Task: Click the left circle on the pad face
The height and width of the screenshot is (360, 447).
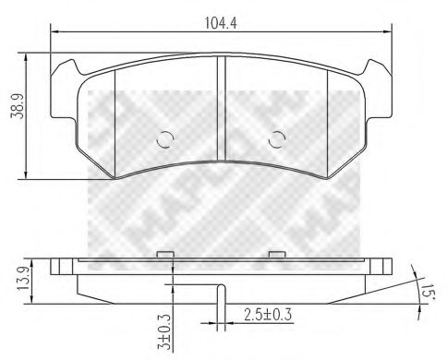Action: (x=164, y=139)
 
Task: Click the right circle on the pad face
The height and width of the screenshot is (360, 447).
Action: (x=275, y=139)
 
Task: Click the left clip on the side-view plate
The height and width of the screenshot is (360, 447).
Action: (x=166, y=255)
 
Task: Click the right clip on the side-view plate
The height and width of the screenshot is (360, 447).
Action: (x=274, y=255)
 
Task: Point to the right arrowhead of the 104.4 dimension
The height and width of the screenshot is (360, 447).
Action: (x=386, y=32)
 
